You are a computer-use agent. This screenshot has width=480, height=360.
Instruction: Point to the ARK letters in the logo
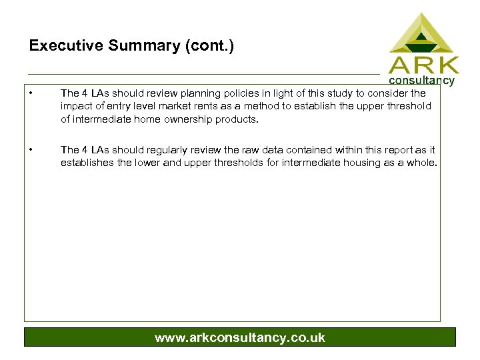(x=424, y=65)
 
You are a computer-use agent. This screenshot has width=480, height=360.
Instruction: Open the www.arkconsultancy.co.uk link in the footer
(x=240, y=337)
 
